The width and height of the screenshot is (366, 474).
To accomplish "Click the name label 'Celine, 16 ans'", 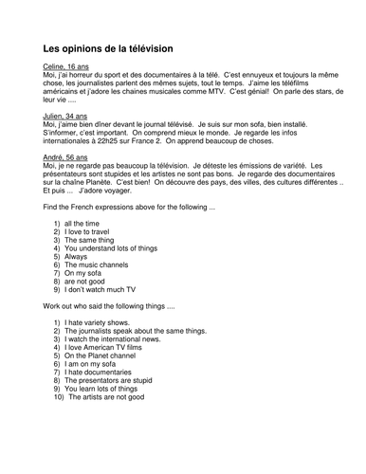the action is click(x=68, y=68).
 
